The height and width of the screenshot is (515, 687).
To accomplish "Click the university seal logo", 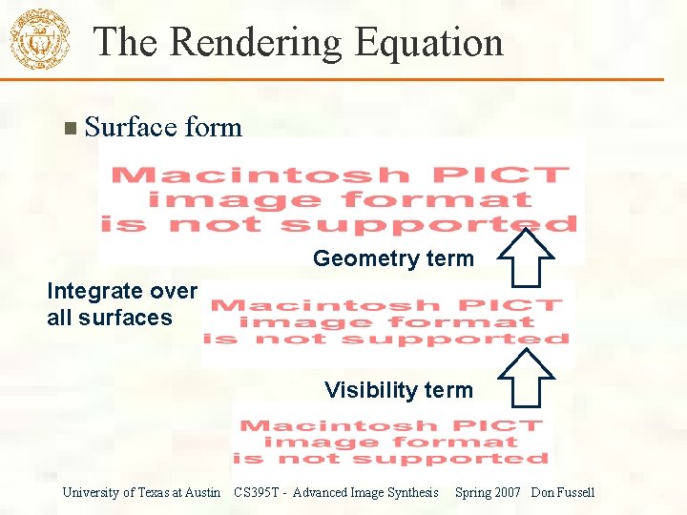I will coord(39,41).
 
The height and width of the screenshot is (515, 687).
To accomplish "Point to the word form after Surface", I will coord(212,127).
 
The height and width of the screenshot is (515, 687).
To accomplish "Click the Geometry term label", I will coord(393,258).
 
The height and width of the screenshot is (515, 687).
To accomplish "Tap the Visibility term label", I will coord(398,390).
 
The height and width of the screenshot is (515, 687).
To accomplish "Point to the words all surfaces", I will coord(109,318).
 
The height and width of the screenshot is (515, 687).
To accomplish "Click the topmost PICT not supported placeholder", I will coord(341,200).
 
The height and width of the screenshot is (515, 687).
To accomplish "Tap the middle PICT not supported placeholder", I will coord(386,322).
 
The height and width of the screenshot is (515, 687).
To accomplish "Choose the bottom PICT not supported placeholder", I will coord(391,442).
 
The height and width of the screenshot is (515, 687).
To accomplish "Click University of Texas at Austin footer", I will coord(141,492).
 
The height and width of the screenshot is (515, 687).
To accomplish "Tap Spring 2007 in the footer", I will coord(488,492).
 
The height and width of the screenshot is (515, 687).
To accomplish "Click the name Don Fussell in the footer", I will coord(563,492).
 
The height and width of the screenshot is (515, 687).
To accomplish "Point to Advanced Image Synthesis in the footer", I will coord(365,492).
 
